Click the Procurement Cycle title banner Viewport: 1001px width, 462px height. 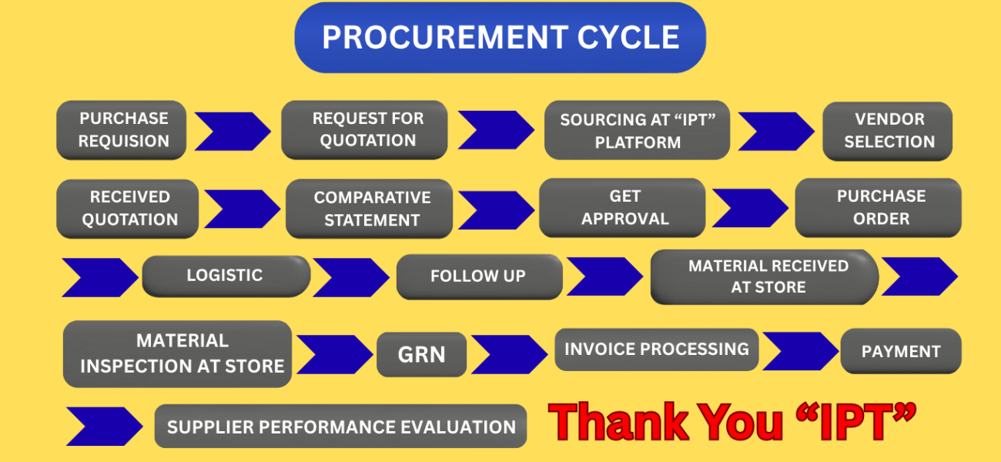500,38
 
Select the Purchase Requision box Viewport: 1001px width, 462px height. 122,130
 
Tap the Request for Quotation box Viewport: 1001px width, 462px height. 364,129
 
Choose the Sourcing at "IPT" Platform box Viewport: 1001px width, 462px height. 637,130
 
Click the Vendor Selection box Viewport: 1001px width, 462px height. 888,131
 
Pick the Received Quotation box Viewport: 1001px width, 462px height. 128,208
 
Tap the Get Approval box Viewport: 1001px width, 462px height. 622,208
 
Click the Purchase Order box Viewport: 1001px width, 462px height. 879,207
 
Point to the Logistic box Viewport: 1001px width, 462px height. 226,276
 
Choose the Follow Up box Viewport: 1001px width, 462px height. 479,276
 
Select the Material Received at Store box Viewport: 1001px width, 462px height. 765,276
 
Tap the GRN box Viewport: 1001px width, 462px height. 421,354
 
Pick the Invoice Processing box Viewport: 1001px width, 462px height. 656,350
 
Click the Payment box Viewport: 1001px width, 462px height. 901,351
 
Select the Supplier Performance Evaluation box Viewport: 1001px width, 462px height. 340,427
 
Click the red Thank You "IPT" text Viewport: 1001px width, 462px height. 732,423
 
